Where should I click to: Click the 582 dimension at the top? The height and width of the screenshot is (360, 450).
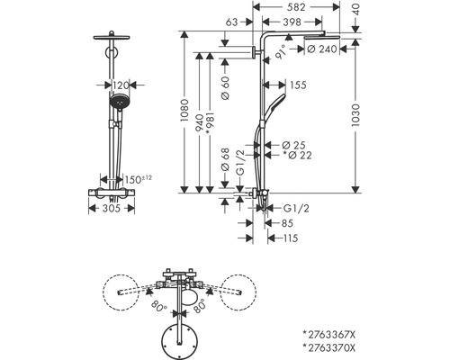click(x=296, y=7)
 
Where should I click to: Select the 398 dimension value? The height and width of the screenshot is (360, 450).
click(x=292, y=22)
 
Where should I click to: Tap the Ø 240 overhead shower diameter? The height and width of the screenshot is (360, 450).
click(x=322, y=49)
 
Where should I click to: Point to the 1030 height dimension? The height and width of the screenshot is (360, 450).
click(x=355, y=115)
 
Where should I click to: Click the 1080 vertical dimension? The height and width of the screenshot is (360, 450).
click(x=184, y=110)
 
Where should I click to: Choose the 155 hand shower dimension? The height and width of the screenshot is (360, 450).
click(x=298, y=85)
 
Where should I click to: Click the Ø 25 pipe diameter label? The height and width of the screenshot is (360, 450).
click(x=293, y=145)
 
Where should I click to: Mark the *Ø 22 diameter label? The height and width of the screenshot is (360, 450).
click(x=297, y=155)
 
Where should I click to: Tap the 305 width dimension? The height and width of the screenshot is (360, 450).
click(x=112, y=208)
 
